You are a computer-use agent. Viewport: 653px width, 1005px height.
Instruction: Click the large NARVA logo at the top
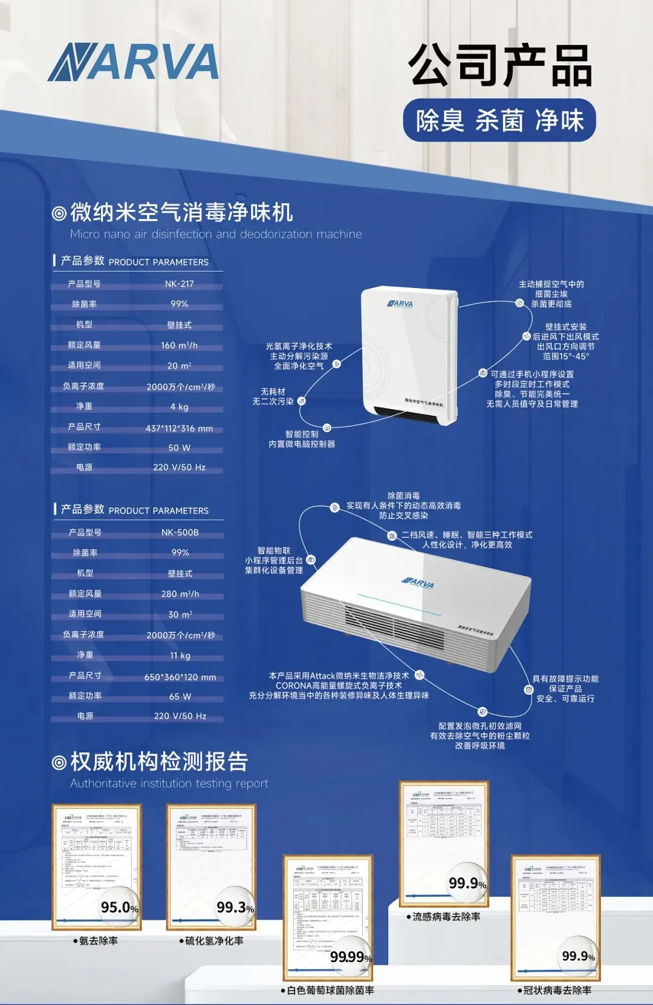[133, 62]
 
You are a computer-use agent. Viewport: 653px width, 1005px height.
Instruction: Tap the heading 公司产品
[499, 65]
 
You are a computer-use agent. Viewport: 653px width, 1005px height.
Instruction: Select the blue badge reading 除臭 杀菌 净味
[499, 120]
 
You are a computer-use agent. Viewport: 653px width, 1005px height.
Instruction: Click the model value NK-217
[179, 284]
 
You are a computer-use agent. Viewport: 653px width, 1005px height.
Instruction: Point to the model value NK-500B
[180, 532]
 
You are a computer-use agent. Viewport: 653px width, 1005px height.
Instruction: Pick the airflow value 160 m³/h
[179, 345]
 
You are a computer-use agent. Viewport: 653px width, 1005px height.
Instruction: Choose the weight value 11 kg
[180, 655]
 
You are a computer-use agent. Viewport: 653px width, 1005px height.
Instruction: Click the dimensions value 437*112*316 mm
[179, 428]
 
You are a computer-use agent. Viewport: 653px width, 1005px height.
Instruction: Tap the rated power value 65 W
[180, 696]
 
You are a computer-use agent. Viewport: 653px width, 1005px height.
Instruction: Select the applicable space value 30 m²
[180, 614]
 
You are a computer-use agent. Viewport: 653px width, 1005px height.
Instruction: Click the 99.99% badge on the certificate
[351, 957]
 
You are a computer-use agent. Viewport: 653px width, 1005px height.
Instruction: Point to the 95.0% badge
[120, 907]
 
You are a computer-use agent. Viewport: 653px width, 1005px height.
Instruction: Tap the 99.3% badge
[235, 907]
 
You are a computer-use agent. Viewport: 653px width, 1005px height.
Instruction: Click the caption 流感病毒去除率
[446, 917]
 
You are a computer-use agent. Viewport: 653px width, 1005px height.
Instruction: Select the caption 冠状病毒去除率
[557, 990]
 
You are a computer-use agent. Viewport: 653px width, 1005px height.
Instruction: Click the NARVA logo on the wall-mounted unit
[400, 304]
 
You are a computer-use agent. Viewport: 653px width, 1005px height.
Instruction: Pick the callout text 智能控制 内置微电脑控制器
[302, 439]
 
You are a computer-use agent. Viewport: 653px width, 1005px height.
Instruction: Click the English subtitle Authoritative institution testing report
[169, 784]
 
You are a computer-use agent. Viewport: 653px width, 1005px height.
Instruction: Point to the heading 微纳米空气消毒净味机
[181, 212]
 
